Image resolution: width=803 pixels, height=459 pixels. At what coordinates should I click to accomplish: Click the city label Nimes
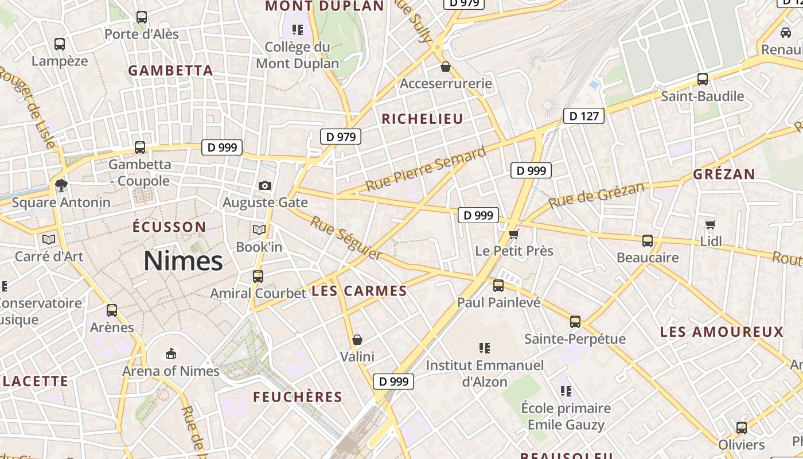click(183, 262)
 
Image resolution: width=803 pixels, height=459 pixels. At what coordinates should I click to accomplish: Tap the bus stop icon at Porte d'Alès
click(142, 17)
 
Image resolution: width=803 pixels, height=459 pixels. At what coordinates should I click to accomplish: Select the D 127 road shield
click(584, 116)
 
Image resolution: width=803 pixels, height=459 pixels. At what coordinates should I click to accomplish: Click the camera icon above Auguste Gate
click(265, 185)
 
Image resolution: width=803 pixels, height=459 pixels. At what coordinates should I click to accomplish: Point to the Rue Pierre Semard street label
click(426, 169)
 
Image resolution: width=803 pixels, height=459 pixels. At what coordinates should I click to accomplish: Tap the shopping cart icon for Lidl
click(711, 224)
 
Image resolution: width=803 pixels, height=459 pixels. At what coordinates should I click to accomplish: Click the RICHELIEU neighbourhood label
click(422, 119)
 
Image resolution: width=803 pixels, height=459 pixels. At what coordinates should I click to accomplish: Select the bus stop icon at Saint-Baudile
click(703, 79)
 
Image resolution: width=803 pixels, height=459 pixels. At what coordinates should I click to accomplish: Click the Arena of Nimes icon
click(170, 353)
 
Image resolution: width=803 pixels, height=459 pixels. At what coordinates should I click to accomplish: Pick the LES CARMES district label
click(359, 291)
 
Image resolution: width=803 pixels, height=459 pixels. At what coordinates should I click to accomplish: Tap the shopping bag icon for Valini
click(357, 340)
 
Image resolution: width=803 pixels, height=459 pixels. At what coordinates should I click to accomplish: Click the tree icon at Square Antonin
click(61, 185)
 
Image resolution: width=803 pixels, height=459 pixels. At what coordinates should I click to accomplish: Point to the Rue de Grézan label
click(596, 195)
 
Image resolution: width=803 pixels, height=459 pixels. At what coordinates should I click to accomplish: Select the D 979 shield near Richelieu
click(340, 137)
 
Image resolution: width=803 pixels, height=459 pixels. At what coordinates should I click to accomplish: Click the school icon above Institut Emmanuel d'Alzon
click(485, 348)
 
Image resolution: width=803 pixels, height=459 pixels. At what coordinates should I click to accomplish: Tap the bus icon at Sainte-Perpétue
click(575, 322)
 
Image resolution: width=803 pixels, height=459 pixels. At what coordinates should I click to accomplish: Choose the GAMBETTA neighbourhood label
click(170, 71)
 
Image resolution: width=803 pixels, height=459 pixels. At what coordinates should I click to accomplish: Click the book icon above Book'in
click(259, 230)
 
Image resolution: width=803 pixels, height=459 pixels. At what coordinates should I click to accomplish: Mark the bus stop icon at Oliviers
click(742, 427)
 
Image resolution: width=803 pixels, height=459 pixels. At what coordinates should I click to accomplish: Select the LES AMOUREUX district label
click(721, 332)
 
